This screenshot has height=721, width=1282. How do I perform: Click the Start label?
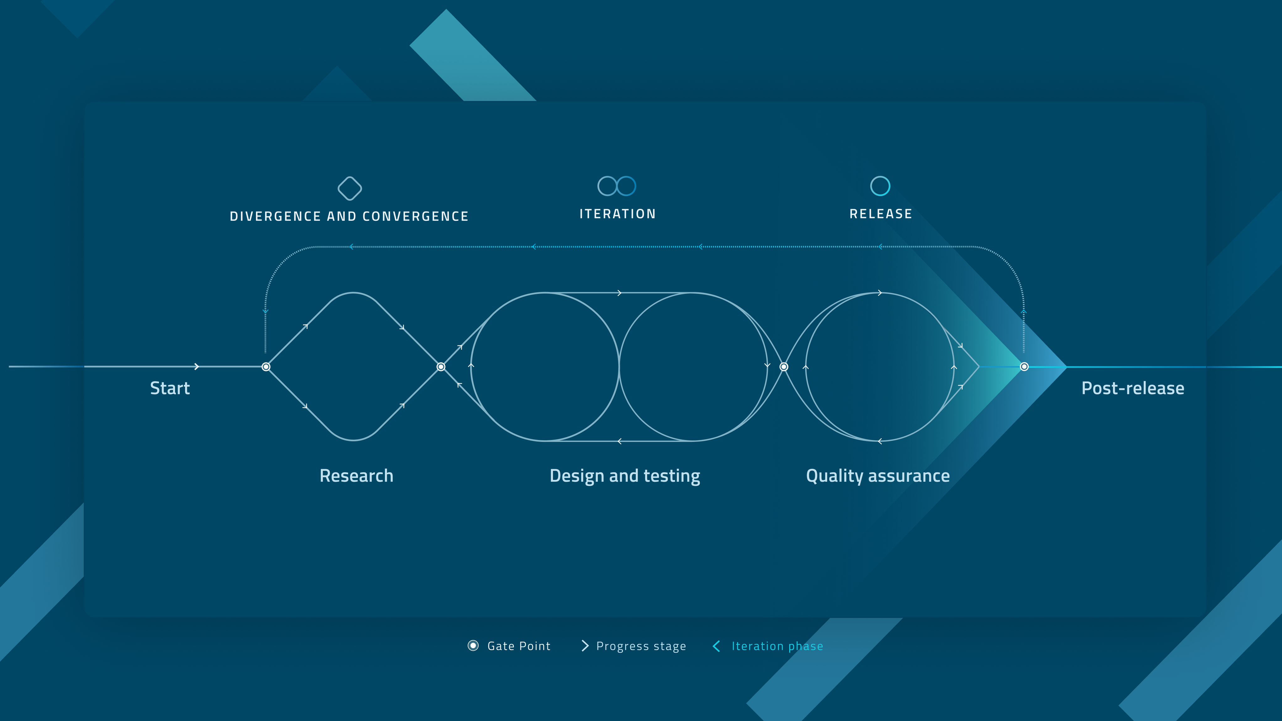(170, 388)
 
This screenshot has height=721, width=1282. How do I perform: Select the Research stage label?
(356, 476)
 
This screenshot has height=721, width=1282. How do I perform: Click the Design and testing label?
(625, 476)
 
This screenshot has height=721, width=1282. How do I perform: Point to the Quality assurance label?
(877, 476)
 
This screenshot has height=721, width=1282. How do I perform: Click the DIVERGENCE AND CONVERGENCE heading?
(349, 216)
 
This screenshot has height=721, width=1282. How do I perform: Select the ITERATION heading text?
(617, 214)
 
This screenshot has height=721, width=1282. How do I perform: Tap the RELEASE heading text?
(880, 214)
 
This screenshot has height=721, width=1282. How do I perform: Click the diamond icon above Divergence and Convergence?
(350, 188)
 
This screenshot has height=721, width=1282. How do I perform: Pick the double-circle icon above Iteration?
(617, 186)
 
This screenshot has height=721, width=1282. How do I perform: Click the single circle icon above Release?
(880, 186)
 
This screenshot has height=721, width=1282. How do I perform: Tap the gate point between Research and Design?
(441, 367)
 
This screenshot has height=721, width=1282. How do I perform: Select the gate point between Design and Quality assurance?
(784, 367)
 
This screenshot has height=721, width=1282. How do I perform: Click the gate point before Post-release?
(1024, 367)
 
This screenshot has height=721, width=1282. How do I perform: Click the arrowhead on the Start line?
(197, 367)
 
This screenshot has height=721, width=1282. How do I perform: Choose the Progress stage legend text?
(641, 646)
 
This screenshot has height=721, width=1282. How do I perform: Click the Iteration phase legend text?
(777, 646)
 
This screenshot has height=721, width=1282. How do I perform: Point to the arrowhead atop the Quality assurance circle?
(880, 293)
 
